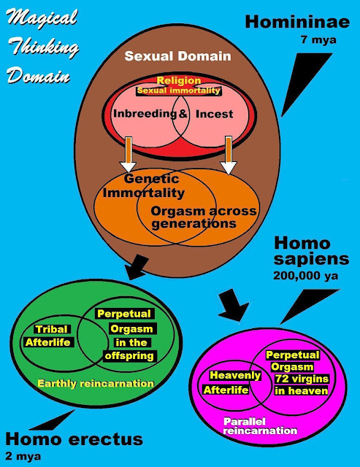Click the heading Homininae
[297, 22]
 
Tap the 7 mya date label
[318, 40]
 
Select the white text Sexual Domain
[178, 56]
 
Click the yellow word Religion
[179, 80]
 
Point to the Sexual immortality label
[178, 90]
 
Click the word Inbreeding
[145, 114]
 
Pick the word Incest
[214, 114]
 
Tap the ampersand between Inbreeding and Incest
[183, 114]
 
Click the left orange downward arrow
[128, 154]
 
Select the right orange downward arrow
[229, 155]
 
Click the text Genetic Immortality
[144, 186]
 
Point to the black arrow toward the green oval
[137, 267]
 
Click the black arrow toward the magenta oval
[233, 305]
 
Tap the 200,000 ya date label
[306, 276]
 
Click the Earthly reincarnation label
[96, 383]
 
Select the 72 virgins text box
[302, 379]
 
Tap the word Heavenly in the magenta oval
[235, 375]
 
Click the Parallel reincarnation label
[260, 426]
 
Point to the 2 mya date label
[23, 456]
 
